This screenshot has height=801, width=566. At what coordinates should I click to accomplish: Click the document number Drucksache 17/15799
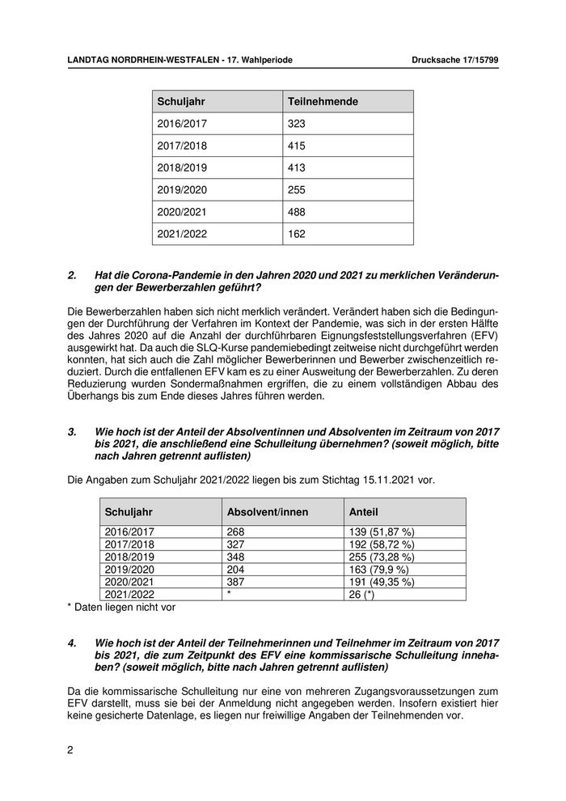tap(454, 61)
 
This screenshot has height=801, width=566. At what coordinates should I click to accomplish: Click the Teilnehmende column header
tap(323, 101)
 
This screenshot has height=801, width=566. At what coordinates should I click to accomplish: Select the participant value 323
tap(297, 124)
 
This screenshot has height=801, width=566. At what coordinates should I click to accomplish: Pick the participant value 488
tap(297, 212)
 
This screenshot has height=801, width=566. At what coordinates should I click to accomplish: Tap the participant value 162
tap(297, 234)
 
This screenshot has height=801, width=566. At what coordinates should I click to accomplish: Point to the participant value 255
tap(297, 190)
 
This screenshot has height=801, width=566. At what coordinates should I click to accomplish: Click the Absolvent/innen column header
tap(268, 512)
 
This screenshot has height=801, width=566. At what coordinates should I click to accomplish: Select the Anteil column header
tap(363, 512)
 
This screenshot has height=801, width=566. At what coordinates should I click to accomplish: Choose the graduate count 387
tap(235, 582)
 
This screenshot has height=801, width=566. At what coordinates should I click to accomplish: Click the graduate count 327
tap(235, 545)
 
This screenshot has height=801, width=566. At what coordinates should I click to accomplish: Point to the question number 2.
tap(72, 276)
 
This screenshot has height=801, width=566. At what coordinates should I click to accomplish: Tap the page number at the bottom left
tap(70, 750)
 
